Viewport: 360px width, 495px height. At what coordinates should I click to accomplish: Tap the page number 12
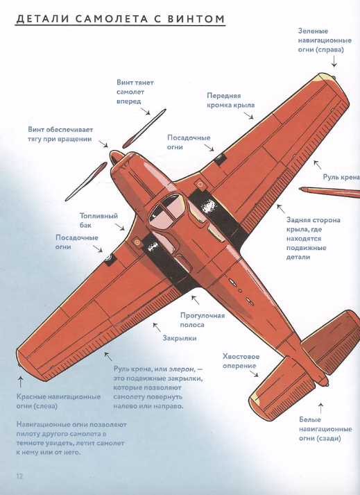point(19,476)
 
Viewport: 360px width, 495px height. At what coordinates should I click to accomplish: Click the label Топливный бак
point(98,220)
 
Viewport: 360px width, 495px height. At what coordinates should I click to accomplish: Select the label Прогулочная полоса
point(203,320)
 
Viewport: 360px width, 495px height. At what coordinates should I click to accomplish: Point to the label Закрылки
point(180,338)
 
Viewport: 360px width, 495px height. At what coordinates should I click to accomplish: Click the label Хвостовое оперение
point(241,361)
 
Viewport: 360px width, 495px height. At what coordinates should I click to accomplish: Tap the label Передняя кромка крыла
point(231,101)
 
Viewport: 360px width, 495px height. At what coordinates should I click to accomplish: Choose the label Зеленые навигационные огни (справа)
point(325,40)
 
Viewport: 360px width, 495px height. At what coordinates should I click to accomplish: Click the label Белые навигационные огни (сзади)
point(325,429)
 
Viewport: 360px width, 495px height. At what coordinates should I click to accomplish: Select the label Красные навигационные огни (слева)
point(58,401)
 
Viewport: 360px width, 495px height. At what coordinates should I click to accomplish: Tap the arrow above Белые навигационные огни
point(321,408)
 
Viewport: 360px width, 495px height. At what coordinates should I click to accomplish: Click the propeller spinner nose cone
point(117,157)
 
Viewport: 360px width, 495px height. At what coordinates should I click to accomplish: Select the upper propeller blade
point(144,128)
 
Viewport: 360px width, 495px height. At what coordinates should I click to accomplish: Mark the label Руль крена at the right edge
point(341,177)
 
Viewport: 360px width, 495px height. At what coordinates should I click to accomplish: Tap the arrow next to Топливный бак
point(119,226)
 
